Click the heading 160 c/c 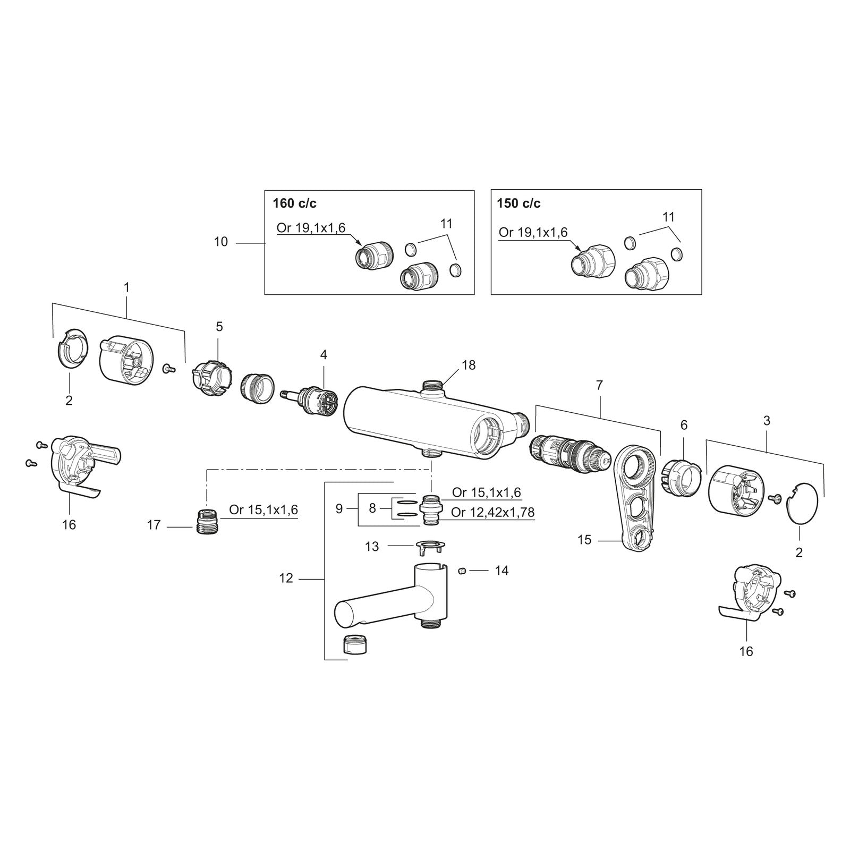(295, 203)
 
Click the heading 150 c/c (518, 203)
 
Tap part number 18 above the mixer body (469, 365)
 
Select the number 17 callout (154, 525)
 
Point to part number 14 (501, 571)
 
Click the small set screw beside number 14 (462, 571)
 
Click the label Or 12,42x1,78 (492, 512)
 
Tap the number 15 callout (584, 540)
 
